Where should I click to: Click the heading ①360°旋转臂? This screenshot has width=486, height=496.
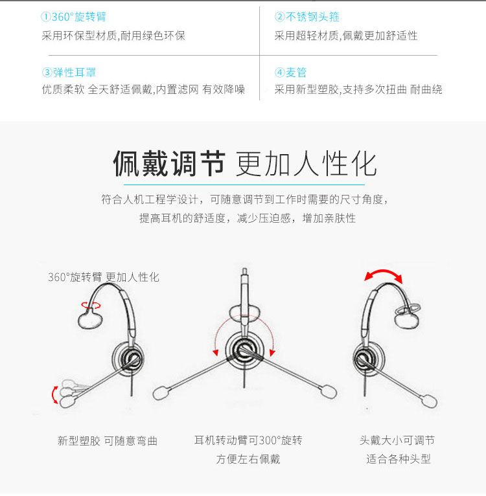click(73, 16)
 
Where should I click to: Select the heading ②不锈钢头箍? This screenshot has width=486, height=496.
click(307, 16)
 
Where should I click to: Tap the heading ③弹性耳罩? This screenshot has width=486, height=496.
click(69, 73)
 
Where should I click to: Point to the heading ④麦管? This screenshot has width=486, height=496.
click(290, 73)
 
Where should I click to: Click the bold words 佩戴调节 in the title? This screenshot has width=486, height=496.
click(169, 163)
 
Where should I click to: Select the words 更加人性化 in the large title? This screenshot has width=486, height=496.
click(306, 163)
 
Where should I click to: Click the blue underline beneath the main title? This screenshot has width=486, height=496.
click(244, 185)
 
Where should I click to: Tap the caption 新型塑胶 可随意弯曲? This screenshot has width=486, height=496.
click(108, 441)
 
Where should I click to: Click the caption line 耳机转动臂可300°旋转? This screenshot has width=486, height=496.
click(248, 440)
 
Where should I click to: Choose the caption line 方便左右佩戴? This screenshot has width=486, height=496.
click(248, 458)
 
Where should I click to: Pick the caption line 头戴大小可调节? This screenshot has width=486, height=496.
click(397, 440)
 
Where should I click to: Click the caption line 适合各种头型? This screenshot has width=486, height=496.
click(399, 458)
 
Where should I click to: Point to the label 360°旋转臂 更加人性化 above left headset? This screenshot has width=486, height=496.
click(104, 277)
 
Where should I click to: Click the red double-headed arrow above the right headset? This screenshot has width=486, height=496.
click(383, 272)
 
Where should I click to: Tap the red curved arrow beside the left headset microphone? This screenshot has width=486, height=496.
click(54, 395)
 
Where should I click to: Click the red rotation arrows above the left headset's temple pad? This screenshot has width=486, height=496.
click(91, 305)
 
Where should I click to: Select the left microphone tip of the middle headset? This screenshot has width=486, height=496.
click(161, 392)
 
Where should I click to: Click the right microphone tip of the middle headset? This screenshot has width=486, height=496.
click(329, 391)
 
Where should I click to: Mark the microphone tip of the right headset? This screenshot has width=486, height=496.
click(429, 401)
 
